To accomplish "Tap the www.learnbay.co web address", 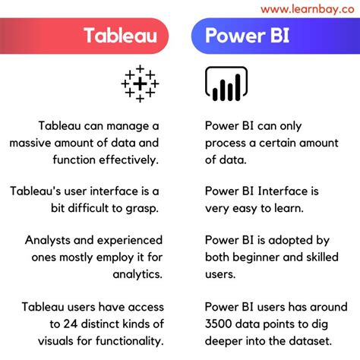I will (308, 8).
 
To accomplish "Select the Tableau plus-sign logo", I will (139, 83).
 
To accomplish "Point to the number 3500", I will (221, 324).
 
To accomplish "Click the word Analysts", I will (49, 241).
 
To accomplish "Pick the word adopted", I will (298, 241).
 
